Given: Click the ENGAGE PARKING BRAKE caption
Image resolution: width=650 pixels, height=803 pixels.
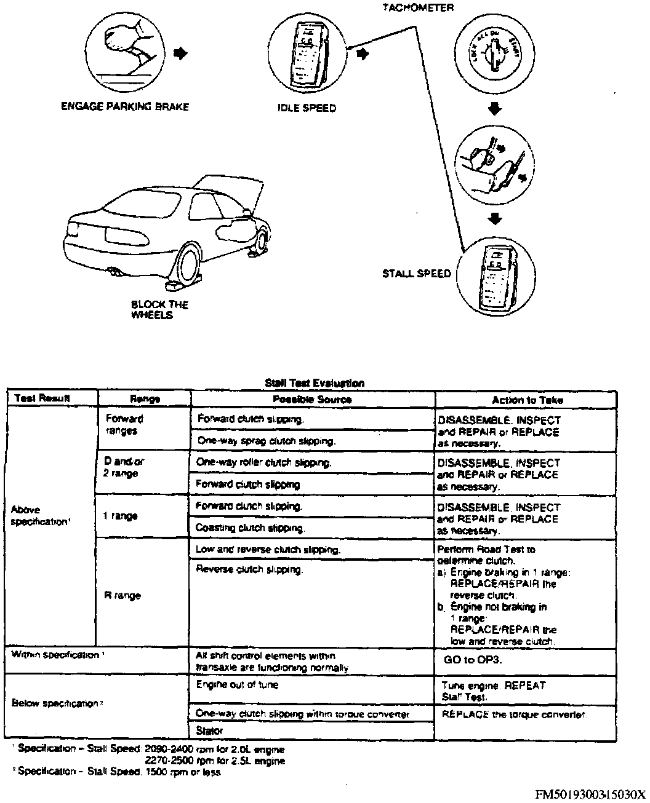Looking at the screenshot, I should [x=124, y=106].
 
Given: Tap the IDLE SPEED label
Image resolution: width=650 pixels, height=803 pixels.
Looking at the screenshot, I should [x=307, y=108].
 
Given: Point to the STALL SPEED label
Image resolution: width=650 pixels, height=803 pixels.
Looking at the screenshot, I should [x=417, y=274].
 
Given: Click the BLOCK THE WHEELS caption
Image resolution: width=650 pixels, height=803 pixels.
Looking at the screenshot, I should [x=159, y=310].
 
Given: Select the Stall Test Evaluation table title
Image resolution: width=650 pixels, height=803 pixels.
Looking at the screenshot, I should [x=314, y=382].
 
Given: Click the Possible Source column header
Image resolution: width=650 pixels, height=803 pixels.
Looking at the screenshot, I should [x=312, y=399].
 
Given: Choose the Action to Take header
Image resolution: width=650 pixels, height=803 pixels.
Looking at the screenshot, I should [x=527, y=400].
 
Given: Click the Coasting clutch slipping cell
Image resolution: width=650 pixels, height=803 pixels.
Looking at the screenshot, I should [x=250, y=528].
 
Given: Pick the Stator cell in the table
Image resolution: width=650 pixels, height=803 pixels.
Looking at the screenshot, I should [x=209, y=730].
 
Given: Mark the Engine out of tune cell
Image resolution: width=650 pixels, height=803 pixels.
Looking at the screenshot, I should [x=237, y=684].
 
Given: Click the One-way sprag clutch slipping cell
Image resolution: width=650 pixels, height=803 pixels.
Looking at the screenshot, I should [x=265, y=441].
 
